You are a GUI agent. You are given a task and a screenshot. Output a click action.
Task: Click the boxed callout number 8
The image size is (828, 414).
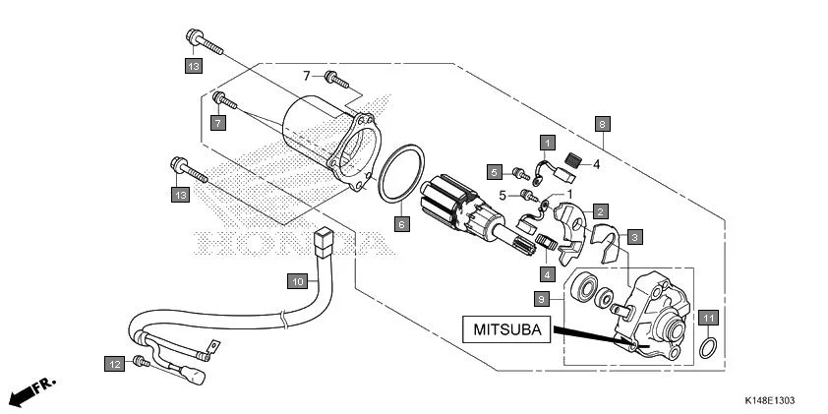[x=602, y=124]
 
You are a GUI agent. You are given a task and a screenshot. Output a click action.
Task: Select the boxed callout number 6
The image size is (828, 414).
[x=400, y=224]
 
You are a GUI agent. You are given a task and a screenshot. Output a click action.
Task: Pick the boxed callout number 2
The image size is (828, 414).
[x=598, y=210]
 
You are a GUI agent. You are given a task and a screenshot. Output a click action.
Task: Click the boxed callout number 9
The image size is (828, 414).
[x=541, y=298]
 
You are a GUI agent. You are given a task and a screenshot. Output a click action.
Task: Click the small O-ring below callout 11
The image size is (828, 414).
[x=707, y=348]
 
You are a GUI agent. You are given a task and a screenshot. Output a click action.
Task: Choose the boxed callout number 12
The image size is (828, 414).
[x=115, y=364]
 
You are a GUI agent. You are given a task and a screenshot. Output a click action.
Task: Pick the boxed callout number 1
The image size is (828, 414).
[x=545, y=144]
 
